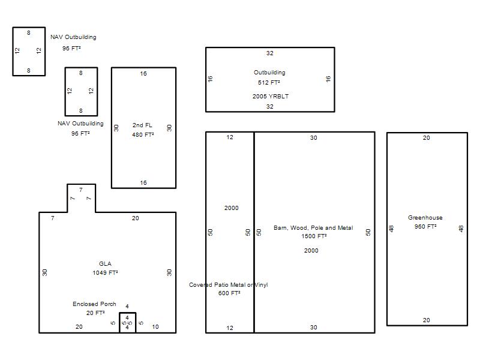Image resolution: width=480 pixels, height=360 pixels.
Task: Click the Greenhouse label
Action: pyautogui.click(x=425, y=218)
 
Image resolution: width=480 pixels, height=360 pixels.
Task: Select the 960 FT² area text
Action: pyautogui.click(x=425, y=227)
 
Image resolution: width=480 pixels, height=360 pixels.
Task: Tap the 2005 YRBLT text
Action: pyautogui.click(x=271, y=96)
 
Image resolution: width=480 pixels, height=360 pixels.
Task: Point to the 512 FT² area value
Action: pyautogui.click(x=269, y=82)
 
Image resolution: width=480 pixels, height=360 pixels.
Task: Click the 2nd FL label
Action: pyautogui.click(x=142, y=125)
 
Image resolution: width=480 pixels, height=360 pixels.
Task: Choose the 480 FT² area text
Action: pyautogui.click(x=143, y=134)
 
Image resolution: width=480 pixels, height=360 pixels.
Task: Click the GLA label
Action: pyautogui.click(x=106, y=263)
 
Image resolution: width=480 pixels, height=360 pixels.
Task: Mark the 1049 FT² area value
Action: pyautogui.click(x=106, y=273)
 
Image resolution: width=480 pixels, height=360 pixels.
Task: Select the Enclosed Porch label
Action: pyautogui.click(x=94, y=304)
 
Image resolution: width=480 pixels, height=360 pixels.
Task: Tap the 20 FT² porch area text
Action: pyautogui.click(x=95, y=313)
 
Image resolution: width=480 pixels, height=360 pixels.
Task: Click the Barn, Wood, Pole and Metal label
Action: pyautogui.click(x=313, y=228)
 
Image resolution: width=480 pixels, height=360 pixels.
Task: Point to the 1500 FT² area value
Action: pyautogui.click(x=314, y=236)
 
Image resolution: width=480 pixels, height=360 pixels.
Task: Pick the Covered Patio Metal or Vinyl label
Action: pyautogui.click(x=229, y=284)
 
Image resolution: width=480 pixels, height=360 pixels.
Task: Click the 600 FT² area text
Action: pyautogui.click(x=229, y=293)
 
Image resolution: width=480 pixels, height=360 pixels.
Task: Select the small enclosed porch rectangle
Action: pyautogui.click(x=127, y=313)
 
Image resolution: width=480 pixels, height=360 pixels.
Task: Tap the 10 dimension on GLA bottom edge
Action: pyautogui.click(x=155, y=327)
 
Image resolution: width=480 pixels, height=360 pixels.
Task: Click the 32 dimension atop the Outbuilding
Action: pyautogui.click(x=269, y=53)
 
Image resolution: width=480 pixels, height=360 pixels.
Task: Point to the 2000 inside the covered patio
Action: pyautogui.click(x=232, y=208)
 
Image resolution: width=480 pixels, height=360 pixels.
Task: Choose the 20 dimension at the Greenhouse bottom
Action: pyautogui.click(x=427, y=320)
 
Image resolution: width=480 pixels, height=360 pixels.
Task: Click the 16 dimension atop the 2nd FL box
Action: pyautogui.click(x=143, y=73)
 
